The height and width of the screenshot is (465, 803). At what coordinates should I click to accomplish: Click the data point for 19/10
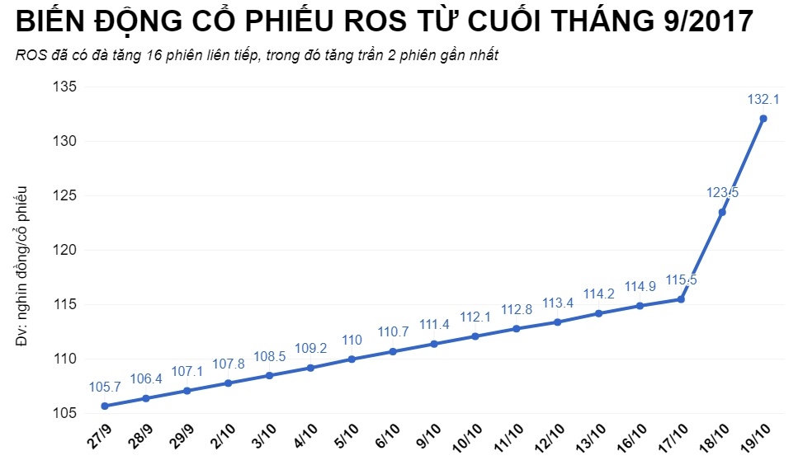[763, 119]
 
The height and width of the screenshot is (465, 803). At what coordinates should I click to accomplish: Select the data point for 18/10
[722, 212]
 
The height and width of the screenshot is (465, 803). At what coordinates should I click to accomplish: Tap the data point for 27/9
[105, 406]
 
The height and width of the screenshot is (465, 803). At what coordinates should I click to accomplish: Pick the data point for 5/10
[352, 359]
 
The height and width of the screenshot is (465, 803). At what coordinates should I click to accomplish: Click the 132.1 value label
[763, 99]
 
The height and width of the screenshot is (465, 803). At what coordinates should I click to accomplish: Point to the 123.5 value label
[722, 193]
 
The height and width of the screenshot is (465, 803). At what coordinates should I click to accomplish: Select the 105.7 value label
[105, 387]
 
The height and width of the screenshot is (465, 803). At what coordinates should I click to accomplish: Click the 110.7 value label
[393, 332]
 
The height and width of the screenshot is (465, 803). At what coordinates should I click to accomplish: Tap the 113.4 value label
[558, 303]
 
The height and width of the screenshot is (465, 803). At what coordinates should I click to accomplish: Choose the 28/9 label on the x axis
[140, 438]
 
